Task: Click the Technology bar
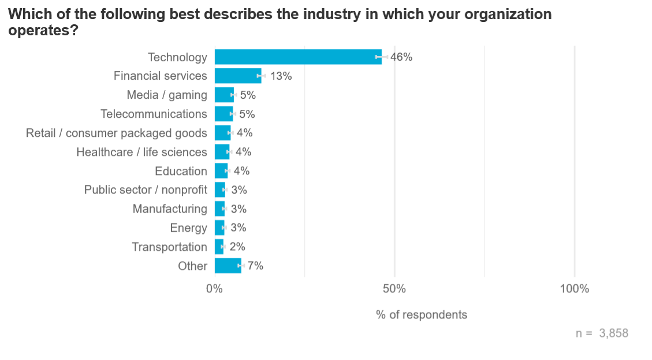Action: pyautogui.click(x=297, y=57)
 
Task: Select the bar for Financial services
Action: pyautogui.click(x=237, y=76)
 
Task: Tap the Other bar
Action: pyautogui.click(x=228, y=266)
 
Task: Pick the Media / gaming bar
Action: pyautogui.click(x=224, y=95)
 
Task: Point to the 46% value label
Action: pyautogui.click(x=401, y=57)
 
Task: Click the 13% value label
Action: pyautogui.click(x=281, y=76)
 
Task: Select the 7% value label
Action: pyautogui.click(x=255, y=266)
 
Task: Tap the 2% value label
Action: pyautogui.click(x=238, y=247)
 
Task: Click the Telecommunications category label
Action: pyautogui.click(x=154, y=114)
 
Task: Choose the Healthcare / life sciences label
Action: pyautogui.click(x=141, y=152)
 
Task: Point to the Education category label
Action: pyautogui.click(x=181, y=171)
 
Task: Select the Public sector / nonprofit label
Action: pyautogui.click(x=146, y=190)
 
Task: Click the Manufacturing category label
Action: pyautogui.click(x=170, y=209)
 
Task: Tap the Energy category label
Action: pyautogui.click(x=188, y=228)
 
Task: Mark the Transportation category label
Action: pyautogui.click(x=169, y=247)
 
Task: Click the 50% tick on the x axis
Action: pyautogui.click(x=394, y=288)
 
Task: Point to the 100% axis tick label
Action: pyautogui.click(x=575, y=288)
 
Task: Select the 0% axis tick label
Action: pyautogui.click(x=215, y=288)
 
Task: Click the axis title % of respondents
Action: pyautogui.click(x=422, y=315)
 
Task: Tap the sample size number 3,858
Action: pyautogui.click(x=613, y=333)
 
